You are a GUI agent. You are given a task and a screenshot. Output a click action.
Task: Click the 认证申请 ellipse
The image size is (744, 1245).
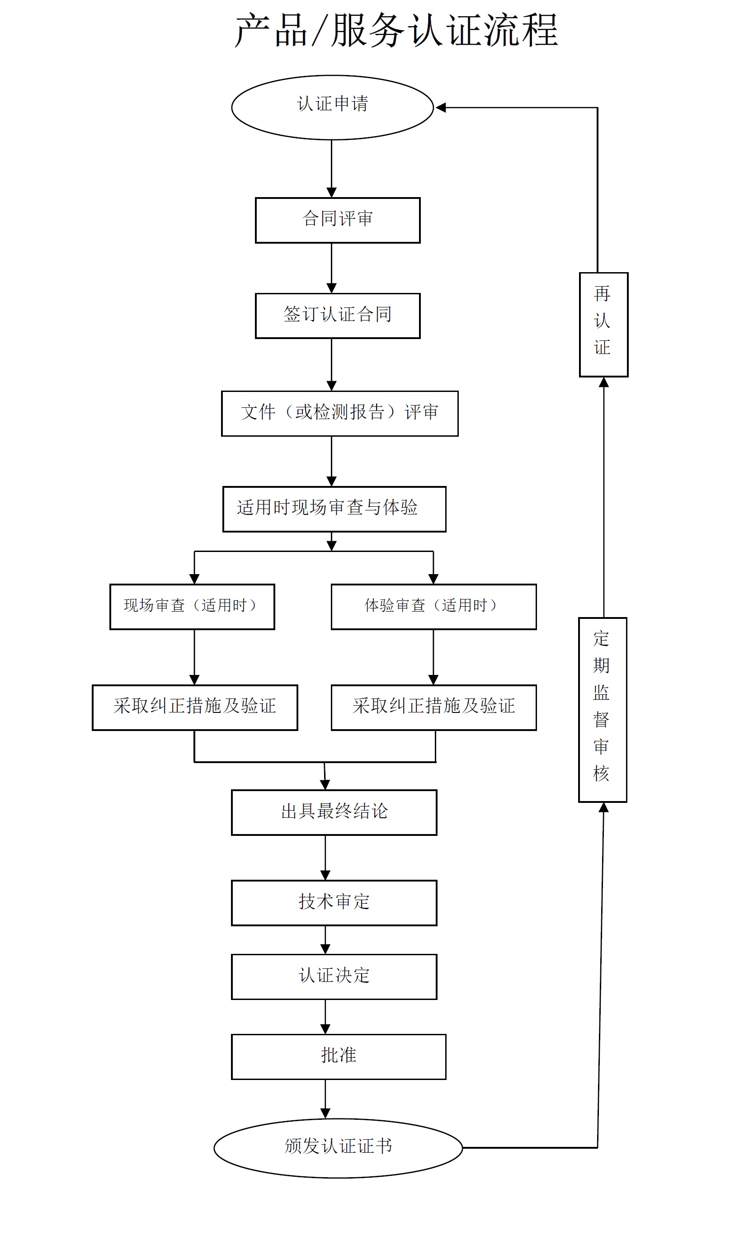point(332,107)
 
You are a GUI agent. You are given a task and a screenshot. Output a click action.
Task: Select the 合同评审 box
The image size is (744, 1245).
point(337,220)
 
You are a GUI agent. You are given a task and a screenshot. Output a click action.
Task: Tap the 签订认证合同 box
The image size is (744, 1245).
point(337,316)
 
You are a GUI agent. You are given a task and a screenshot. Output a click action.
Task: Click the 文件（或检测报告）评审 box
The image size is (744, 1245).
point(339,413)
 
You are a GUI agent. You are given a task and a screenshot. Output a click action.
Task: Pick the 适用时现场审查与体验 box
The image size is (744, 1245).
point(334,509)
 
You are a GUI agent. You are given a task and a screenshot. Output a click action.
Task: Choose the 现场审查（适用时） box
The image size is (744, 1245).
point(192,607)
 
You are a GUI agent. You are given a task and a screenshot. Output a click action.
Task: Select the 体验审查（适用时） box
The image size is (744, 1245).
point(433,607)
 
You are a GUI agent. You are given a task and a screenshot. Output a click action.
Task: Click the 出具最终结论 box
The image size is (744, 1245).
point(334,812)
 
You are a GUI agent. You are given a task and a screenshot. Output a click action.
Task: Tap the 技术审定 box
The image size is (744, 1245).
point(334,902)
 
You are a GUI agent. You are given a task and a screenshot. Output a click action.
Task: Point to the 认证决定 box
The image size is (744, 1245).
point(334,976)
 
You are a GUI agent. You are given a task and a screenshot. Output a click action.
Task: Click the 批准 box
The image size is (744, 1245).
point(339,1056)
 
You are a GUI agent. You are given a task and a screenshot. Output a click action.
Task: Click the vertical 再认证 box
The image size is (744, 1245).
point(603,325)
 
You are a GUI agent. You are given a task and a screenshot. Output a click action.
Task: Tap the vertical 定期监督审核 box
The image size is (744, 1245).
point(602,709)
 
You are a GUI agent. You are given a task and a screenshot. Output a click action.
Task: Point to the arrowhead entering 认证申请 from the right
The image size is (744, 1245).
point(441,107)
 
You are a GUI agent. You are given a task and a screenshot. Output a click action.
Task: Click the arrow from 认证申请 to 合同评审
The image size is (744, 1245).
point(331,169)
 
